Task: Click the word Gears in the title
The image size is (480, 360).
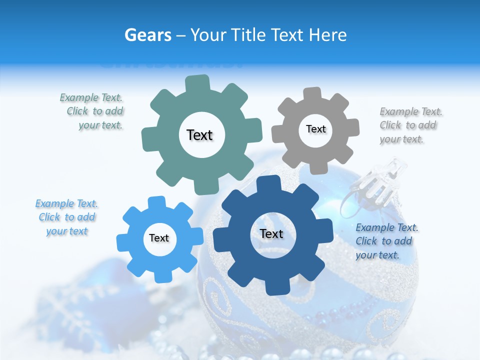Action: [148, 35]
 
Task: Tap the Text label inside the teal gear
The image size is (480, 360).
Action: [199, 135]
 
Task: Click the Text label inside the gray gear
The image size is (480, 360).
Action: [315, 129]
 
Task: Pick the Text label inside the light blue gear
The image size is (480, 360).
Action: [159, 238]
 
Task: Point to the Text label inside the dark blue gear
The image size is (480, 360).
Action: [271, 234]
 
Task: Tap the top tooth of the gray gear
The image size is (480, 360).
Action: [312, 94]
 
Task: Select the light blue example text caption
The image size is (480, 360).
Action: [67, 217]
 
